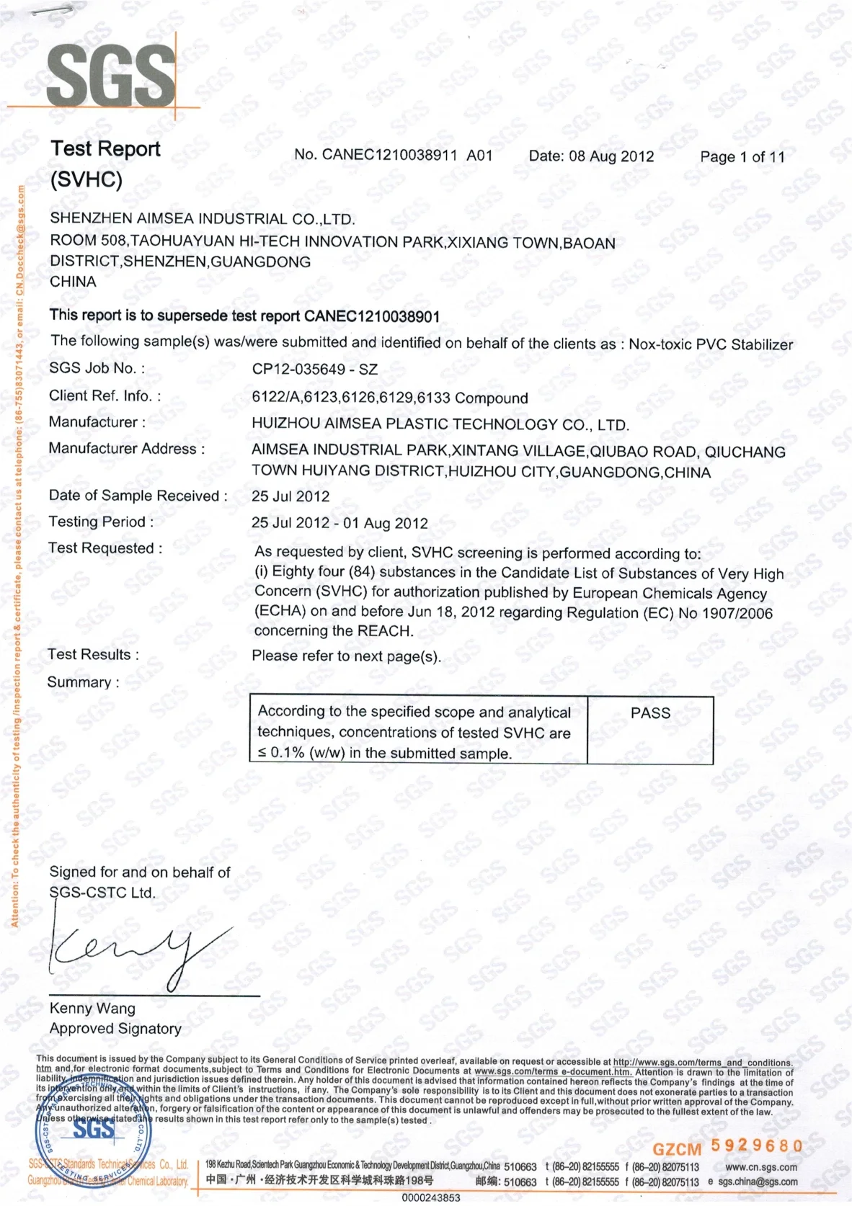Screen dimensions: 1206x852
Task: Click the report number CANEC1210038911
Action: [389, 155]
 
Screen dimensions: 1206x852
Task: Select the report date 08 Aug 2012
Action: [611, 156]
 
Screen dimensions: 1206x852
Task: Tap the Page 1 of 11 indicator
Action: [742, 157]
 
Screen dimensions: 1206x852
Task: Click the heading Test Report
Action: [105, 149]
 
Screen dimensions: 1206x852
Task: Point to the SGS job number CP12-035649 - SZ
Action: [314, 370]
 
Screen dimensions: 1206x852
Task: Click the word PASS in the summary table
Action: [650, 713]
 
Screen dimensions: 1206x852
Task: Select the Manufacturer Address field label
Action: [126, 449]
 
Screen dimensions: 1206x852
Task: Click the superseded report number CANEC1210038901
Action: [372, 316]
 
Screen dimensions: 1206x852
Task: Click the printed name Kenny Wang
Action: [92, 1009]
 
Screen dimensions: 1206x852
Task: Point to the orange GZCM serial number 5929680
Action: [757, 1146]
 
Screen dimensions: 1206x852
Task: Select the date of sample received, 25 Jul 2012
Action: [290, 496]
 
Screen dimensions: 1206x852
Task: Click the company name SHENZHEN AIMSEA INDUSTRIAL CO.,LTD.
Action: [203, 219]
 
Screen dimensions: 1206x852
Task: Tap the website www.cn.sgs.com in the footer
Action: [761, 1167]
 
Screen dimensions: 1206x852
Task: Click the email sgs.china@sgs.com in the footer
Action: [758, 1182]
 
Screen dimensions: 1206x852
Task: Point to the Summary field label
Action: [83, 682]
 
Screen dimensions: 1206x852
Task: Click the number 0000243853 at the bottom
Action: [430, 1197]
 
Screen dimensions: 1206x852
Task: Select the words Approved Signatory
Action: [115, 1029]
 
